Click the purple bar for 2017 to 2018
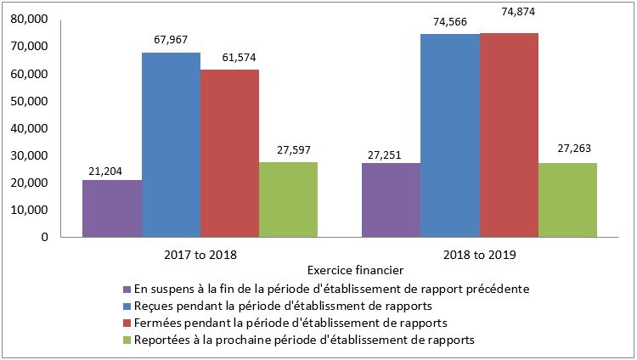coord(112,209)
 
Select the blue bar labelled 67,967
coord(171,145)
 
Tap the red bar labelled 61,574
coord(229,154)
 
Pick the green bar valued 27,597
coord(288,200)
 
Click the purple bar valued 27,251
coord(391,200)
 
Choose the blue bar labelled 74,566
coord(449,136)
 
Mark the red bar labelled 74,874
coord(509,136)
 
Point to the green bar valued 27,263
coord(567,200)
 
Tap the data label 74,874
coord(518,12)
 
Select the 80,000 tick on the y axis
coord(30,20)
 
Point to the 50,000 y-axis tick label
coord(30,101)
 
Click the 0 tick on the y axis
coord(43,237)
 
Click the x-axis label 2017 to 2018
coord(200,254)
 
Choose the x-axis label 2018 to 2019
coord(479,254)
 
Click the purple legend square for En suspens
coord(127,289)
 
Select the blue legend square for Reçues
coord(127,306)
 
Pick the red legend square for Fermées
coord(127,323)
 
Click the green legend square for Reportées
coord(127,340)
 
